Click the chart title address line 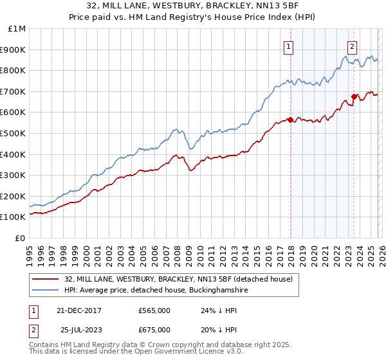(193, 6)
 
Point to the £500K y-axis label (14, 134)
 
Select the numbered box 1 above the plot (288, 46)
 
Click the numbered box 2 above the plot (353, 46)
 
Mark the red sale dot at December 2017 (290, 120)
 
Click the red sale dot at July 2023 (354, 96)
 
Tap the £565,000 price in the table (154, 310)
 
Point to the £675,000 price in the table (154, 329)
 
